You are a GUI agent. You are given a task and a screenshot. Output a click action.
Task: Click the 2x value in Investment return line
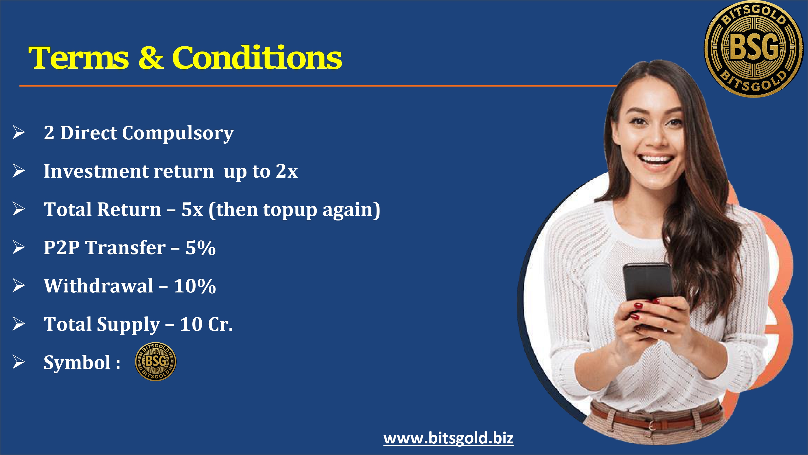287,171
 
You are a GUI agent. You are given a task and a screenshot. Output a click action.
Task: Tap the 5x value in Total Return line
192,210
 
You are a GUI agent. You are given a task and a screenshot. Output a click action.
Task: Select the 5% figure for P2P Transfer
201,248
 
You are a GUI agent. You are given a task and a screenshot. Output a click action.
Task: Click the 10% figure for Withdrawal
195,286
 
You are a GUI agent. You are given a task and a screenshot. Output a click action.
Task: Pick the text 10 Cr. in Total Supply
206,324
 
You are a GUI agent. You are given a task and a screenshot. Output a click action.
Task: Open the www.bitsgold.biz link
448,438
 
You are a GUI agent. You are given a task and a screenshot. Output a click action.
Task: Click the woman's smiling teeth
656,158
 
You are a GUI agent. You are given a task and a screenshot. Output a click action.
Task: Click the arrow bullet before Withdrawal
19,285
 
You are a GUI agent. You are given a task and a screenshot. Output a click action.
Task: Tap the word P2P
61,248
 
